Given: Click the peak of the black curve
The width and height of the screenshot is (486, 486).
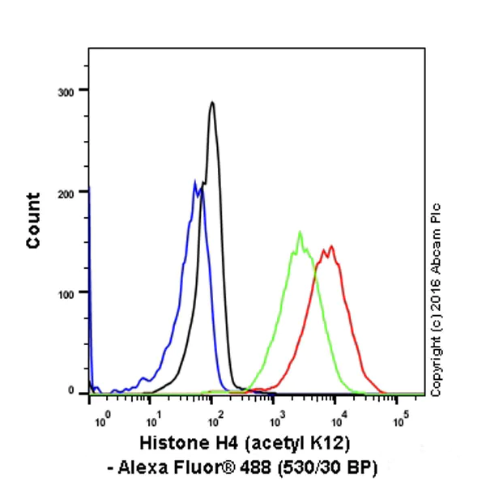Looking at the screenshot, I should click(x=212, y=103).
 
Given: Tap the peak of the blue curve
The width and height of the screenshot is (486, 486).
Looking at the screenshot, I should click(x=194, y=181).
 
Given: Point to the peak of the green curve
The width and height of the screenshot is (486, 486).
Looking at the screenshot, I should click(x=300, y=232).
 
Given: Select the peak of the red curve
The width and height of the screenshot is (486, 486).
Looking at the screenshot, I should click(x=331, y=246).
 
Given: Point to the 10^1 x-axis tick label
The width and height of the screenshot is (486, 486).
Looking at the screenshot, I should click(x=151, y=421).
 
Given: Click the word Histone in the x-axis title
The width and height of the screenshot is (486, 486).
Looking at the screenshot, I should click(x=171, y=445).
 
